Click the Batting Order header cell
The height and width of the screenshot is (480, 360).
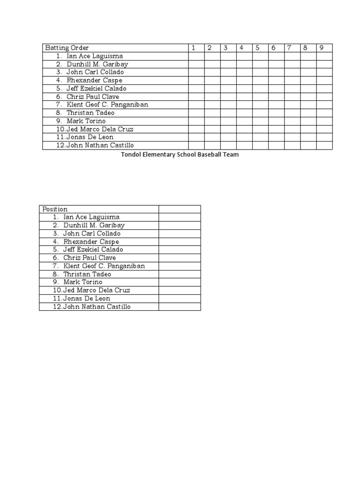coord(66,48)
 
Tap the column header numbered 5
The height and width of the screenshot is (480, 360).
coord(257,48)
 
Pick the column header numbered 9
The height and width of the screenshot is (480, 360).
coord(322,48)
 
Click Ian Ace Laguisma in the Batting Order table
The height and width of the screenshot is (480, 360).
coord(95,56)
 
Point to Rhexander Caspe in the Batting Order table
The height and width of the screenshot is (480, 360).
coord(94,80)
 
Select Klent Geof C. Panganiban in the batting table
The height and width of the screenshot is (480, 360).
coord(107,105)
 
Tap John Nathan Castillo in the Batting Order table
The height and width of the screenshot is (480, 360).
coord(100,145)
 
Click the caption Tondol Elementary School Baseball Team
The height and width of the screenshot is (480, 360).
coord(180,155)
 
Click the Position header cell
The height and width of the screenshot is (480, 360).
coord(55,209)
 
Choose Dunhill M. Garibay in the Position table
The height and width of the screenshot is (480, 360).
coord(94,225)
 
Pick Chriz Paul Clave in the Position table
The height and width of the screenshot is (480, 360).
coord(89,258)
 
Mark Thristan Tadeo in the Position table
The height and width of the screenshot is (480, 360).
coord(87,274)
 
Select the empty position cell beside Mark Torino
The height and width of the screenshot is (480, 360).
coord(180,282)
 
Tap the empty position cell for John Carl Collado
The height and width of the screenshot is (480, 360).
coord(180,233)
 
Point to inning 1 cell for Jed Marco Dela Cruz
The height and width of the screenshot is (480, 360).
coord(196,129)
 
